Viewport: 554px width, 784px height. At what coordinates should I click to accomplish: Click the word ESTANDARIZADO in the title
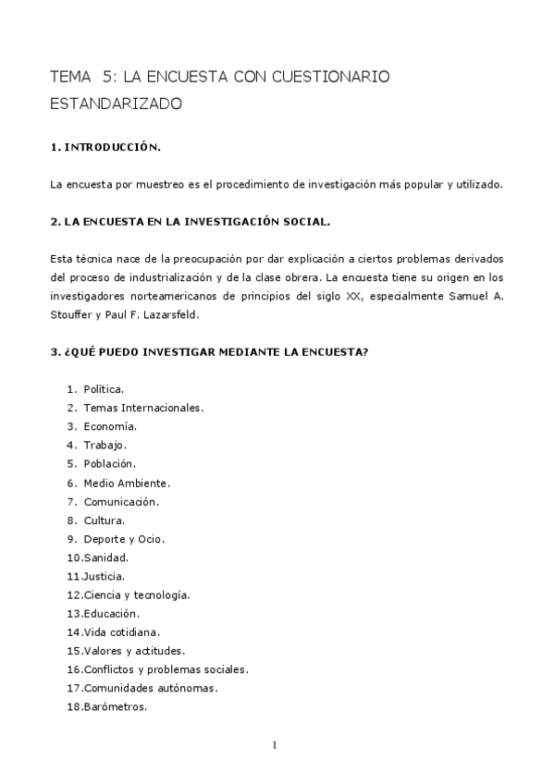point(117,104)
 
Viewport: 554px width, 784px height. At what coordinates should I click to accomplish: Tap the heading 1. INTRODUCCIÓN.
point(105,147)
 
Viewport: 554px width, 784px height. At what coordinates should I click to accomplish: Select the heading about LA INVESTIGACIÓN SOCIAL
point(190,222)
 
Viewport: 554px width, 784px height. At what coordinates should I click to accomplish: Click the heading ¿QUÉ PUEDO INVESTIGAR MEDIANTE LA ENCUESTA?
point(209,351)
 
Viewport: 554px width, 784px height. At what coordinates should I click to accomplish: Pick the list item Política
point(104,389)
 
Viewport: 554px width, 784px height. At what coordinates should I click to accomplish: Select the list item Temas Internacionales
point(143,408)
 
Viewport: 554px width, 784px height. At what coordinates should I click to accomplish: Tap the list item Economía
point(110,426)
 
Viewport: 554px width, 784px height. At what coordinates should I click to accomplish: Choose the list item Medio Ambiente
point(127,483)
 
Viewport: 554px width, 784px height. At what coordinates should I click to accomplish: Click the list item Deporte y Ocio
point(124,539)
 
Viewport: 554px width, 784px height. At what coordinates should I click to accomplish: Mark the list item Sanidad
point(105,557)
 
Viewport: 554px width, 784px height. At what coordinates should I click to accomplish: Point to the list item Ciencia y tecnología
point(136,595)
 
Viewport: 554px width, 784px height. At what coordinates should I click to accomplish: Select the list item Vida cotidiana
point(121,632)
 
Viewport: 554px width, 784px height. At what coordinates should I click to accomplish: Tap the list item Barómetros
point(115,707)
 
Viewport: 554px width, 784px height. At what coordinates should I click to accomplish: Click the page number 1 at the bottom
point(276,745)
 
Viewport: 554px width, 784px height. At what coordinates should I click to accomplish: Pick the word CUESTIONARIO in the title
point(328,77)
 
